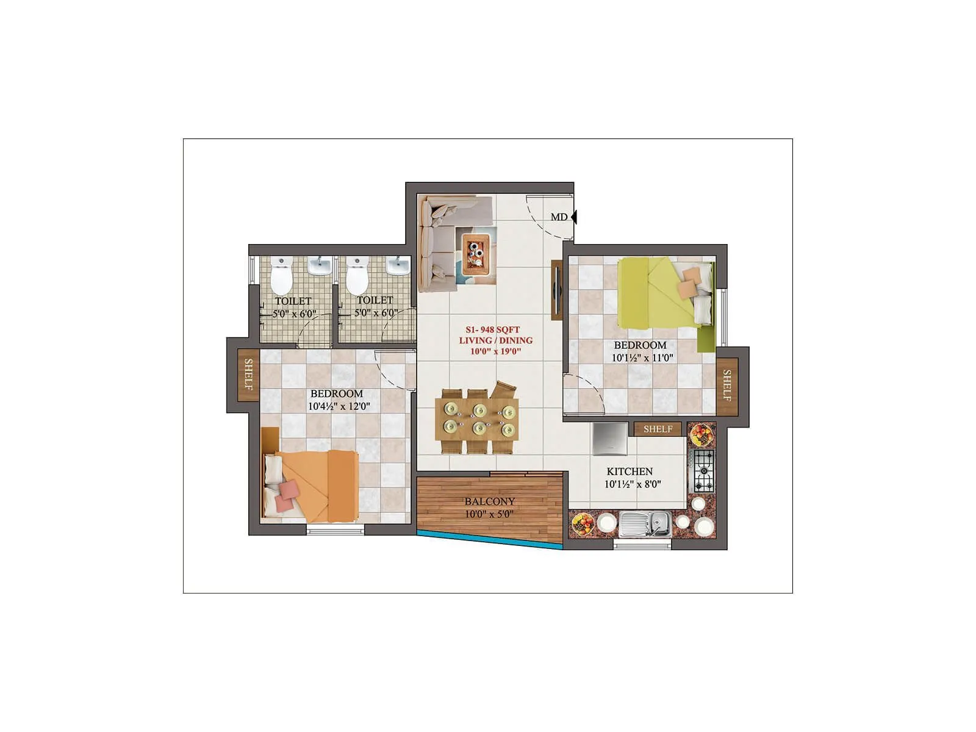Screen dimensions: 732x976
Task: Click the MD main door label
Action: (x=559, y=217)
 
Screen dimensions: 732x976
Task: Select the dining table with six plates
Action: (x=477, y=419)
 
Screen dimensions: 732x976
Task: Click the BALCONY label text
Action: (x=489, y=501)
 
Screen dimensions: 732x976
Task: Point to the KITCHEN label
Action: (x=630, y=472)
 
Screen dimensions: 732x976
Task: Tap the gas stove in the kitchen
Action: (x=703, y=471)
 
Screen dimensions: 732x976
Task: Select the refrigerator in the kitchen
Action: (x=609, y=439)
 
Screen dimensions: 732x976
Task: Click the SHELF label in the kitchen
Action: (x=658, y=429)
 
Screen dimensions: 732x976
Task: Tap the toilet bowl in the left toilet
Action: (x=282, y=278)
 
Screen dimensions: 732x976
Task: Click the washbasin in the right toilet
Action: (x=397, y=267)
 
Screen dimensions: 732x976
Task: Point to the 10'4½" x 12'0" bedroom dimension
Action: (x=339, y=406)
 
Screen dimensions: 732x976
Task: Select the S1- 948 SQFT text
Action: (x=493, y=329)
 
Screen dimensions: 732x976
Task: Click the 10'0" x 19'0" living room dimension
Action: (x=495, y=351)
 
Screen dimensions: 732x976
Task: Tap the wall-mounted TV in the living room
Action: (x=556, y=290)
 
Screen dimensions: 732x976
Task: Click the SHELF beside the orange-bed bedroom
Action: (x=248, y=375)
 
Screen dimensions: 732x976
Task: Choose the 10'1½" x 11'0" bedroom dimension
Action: (x=642, y=358)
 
